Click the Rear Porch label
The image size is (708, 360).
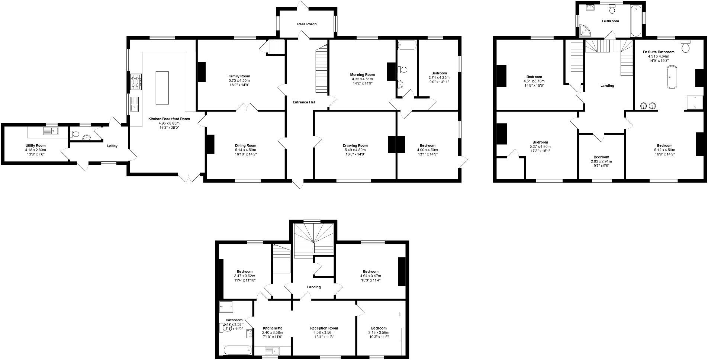click(307, 24)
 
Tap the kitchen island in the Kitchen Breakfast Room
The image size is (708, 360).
click(162, 88)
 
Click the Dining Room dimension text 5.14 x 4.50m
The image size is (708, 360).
click(245, 150)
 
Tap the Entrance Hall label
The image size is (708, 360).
click(304, 102)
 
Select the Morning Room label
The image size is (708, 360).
click(362, 75)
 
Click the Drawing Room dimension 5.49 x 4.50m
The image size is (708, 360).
click(355, 150)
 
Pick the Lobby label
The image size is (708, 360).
click(112, 146)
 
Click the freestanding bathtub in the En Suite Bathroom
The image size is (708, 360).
click(672, 77)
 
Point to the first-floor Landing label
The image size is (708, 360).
click(607, 86)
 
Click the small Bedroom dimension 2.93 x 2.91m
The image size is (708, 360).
click(601, 161)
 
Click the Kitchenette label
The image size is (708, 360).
click(273, 328)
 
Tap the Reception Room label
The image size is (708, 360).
click(324, 328)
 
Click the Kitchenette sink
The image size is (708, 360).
click(272, 350)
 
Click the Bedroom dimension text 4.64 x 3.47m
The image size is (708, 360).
click(370, 276)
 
